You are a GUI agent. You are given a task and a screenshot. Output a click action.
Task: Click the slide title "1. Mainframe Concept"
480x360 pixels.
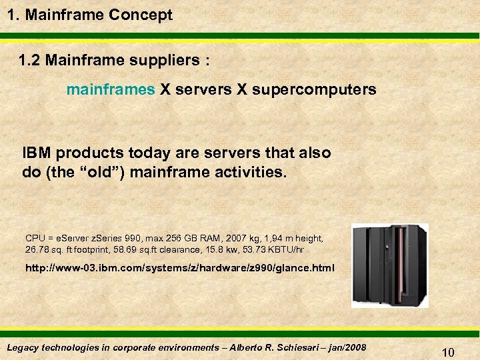pyautogui.click(x=89, y=15)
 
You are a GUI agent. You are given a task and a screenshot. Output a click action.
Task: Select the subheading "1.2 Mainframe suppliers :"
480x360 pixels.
pyautogui.click(x=114, y=61)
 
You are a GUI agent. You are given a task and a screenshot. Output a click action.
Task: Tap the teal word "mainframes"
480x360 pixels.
pyautogui.click(x=111, y=89)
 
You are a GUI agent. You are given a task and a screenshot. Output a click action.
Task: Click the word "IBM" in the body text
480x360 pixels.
pyautogui.click(x=37, y=153)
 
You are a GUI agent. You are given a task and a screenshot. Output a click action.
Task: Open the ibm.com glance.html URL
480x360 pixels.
pyautogui.click(x=179, y=269)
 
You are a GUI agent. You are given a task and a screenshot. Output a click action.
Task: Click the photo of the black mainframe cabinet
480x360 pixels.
pyautogui.click(x=390, y=265)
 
